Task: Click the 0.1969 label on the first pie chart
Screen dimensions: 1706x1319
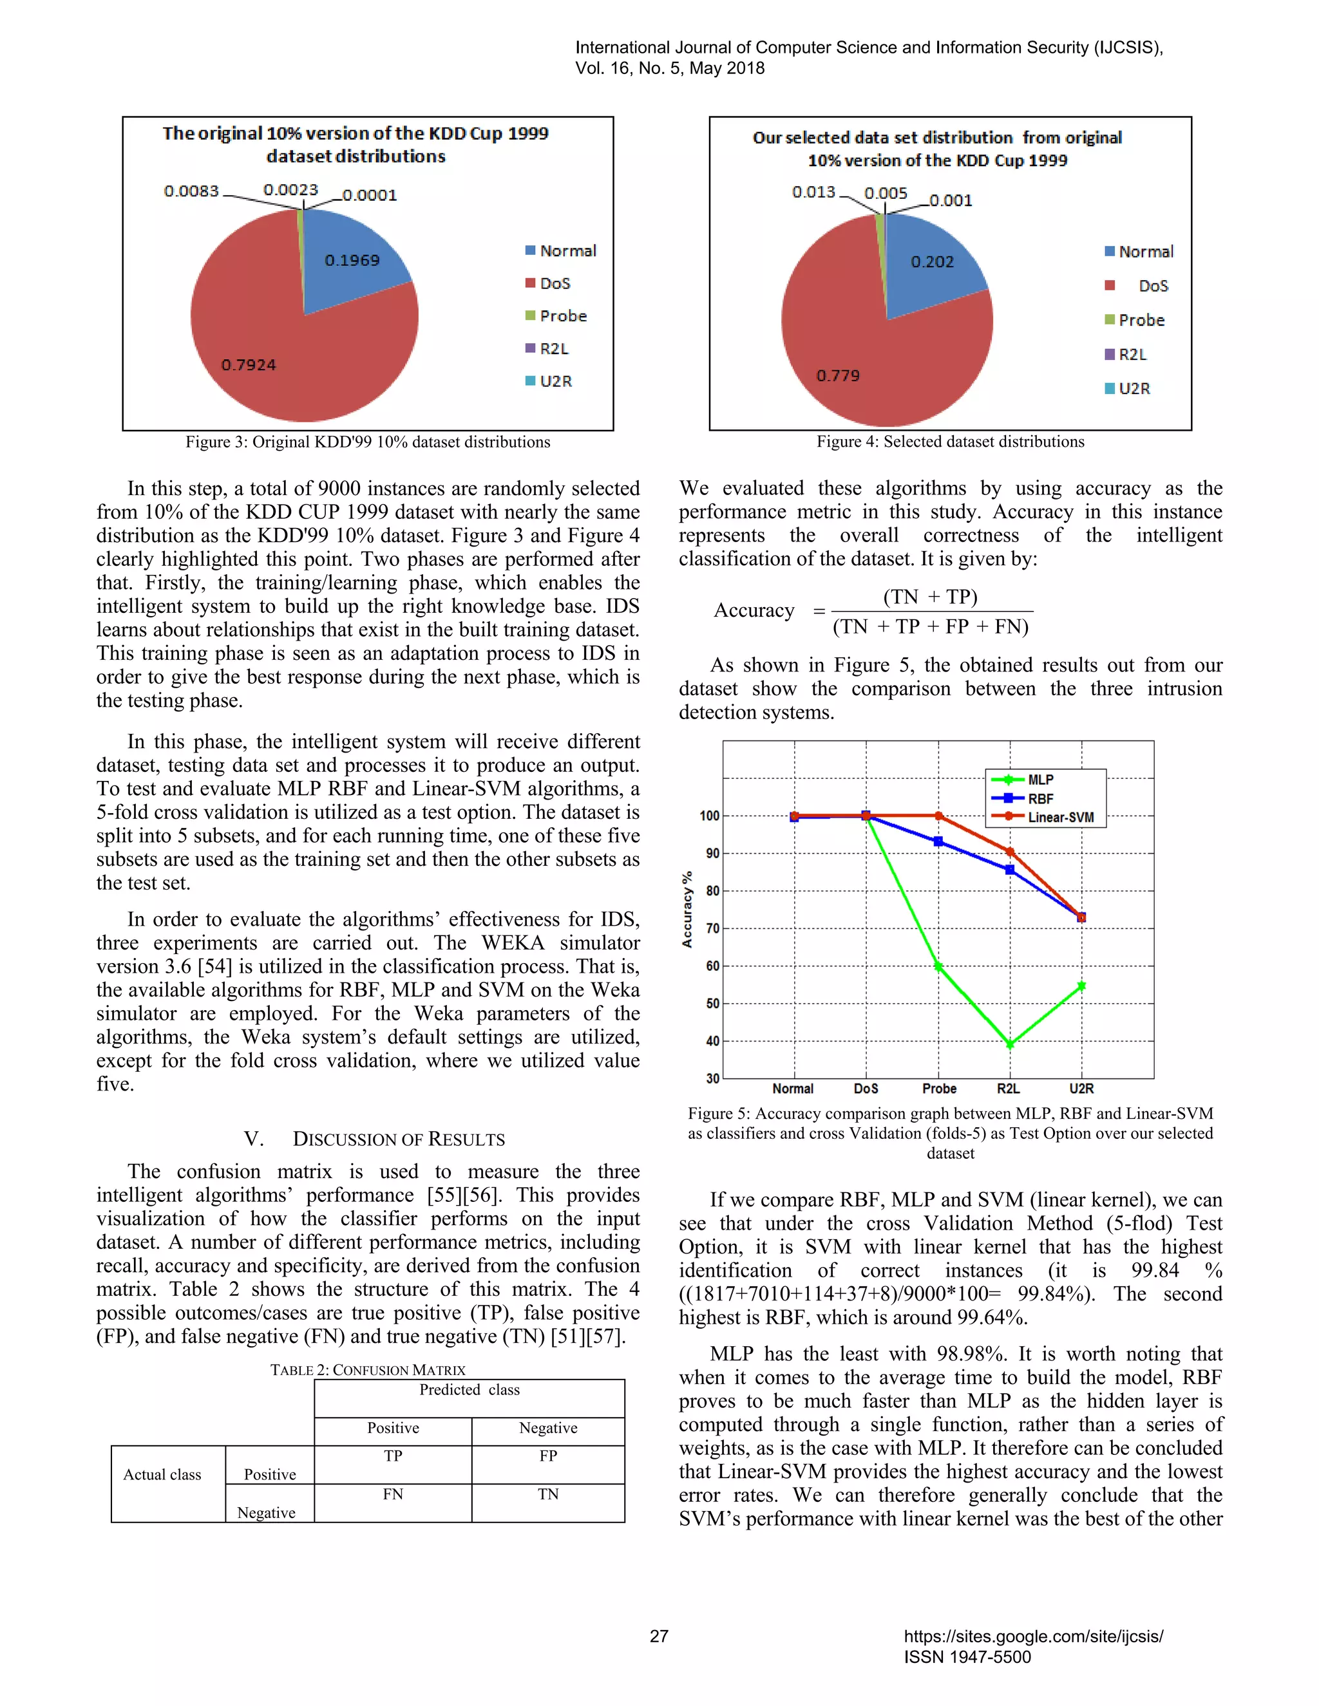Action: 352,260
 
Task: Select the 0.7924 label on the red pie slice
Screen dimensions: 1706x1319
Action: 248,365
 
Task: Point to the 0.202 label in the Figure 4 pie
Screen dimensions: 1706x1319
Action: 931,261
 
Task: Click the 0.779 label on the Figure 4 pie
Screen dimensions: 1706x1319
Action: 838,376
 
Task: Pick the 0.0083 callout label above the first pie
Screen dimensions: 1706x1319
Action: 191,191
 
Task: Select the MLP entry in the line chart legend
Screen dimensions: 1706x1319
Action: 1039,780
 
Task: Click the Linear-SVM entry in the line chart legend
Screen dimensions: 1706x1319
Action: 1059,817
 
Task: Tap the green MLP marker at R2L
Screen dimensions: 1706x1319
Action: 1010,1044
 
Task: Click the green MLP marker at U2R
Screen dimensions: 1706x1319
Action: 1081,986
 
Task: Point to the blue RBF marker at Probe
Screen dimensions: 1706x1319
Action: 938,841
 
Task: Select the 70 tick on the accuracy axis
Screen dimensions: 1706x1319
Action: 712,929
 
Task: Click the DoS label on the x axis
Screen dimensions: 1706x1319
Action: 866,1088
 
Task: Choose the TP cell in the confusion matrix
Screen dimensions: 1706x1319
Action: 392,1456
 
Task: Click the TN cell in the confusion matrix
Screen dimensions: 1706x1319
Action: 548,1494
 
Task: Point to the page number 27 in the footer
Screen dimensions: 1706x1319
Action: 659,1636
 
